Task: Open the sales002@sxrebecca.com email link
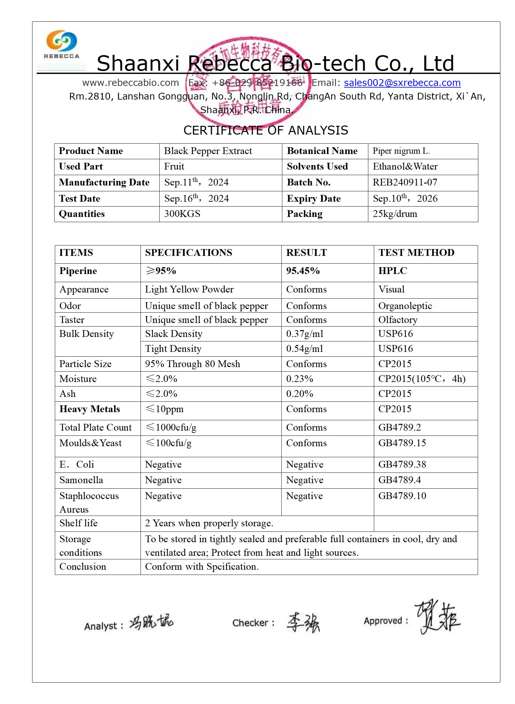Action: click(402, 83)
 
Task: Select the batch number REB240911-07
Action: click(405, 182)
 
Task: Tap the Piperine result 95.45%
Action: click(303, 271)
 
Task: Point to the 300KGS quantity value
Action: click(182, 214)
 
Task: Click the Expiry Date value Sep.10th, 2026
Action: click(405, 198)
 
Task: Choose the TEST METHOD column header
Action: click(416, 253)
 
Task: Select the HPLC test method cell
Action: click(393, 271)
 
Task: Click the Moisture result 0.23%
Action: click(300, 379)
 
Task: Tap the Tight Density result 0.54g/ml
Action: click(304, 349)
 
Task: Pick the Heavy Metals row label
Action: click(90, 409)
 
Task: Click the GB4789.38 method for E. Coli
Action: click(402, 464)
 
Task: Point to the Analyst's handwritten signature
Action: click(151, 622)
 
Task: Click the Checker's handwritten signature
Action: click(303, 622)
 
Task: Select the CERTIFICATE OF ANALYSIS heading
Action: click(266, 130)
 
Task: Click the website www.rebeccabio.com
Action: click(130, 83)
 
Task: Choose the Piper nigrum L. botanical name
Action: click(401, 151)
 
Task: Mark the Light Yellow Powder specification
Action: click(189, 289)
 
